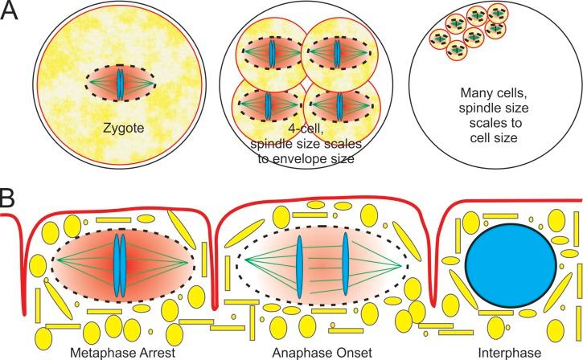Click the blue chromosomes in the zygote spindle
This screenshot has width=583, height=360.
(120, 83)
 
